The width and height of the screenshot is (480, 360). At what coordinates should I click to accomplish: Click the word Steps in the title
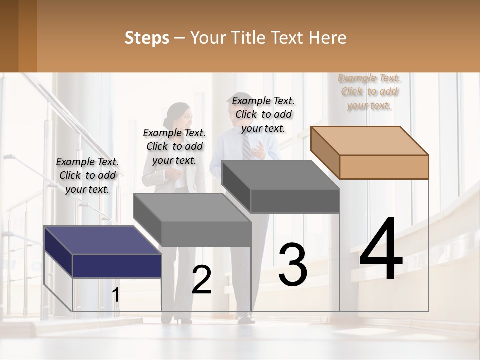147,38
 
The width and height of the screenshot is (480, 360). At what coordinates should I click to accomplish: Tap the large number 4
381,250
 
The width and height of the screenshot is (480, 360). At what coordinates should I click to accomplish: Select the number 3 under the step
293,265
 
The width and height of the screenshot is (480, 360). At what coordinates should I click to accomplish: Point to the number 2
201,280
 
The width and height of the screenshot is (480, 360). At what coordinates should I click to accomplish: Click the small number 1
115,295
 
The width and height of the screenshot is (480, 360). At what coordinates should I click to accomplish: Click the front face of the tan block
384,167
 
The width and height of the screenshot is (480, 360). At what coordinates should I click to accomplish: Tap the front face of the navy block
117,266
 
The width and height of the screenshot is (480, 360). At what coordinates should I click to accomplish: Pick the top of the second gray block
192,207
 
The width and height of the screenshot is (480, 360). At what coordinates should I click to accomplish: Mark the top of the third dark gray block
280,175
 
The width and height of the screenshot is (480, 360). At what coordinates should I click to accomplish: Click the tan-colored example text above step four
369,92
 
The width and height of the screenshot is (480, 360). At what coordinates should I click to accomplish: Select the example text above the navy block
87,175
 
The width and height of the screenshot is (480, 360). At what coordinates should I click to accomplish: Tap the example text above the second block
174,146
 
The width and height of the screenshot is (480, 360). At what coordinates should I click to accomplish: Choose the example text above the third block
263,114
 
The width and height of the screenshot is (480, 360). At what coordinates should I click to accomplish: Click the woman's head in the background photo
178,116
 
